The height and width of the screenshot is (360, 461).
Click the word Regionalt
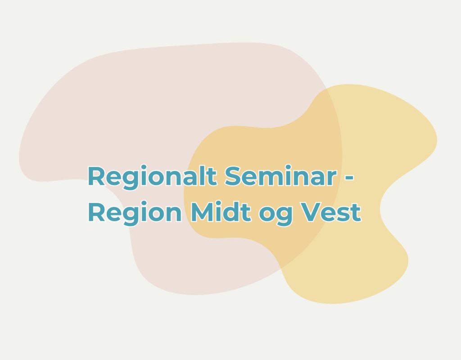[152, 177]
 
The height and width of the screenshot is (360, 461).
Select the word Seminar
[281, 176]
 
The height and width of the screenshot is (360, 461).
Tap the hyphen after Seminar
[349, 178]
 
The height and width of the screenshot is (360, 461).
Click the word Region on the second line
[135, 213]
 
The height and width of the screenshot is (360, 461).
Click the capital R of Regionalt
[96, 176]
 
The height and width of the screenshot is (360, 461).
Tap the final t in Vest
[356, 213]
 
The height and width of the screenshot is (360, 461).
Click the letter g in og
[285, 216]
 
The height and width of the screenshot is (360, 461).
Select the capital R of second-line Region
[96, 212]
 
